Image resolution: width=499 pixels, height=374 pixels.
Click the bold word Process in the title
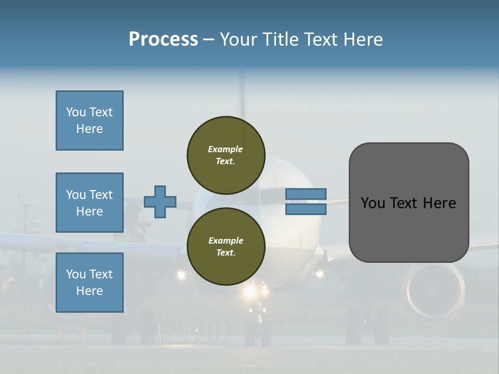[x=163, y=39]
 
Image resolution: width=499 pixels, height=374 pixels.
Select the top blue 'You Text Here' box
[x=89, y=121]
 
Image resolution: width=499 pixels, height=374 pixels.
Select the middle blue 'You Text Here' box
[x=89, y=203]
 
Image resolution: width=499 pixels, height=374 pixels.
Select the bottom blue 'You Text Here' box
[x=89, y=283]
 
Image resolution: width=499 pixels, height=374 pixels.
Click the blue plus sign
[x=160, y=202]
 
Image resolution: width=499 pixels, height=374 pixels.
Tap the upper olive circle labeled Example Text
[x=226, y=155]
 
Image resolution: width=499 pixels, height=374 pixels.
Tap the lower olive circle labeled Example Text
[x=226, y=246]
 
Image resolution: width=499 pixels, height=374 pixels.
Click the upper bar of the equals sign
[x=306, y=194]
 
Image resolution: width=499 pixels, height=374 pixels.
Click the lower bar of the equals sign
[x=306, y=209]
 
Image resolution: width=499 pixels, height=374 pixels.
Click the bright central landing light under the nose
[x=251, y=291]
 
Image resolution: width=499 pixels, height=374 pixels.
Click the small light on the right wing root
[x=319, y=274]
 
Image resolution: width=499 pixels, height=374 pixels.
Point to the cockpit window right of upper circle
[x=273, y=195]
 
